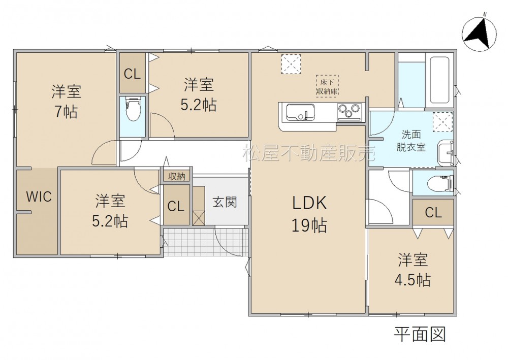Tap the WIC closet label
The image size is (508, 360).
pyautogui.click(x=39, y=197)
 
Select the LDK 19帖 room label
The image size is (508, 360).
pyautogui.click(x=309, y=214)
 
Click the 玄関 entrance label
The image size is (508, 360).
pyautogui.click(x=225, y=202)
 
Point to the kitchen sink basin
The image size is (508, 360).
pyautogui.click(x=300, y=112)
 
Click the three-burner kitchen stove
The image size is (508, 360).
pyautogui.click(x=350, y=112)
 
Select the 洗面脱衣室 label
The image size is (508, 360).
pyautogui.click(x=411, y=141)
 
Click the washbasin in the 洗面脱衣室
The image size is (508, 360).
pyautogui.click(x=446, y=153)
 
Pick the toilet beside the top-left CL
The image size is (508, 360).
pyautogui.click(x=133, y=109)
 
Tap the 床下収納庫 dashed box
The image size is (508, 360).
pyautogui.click(x=327, y=86)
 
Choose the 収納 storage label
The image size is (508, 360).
pyautogui.click(x=177, y=176)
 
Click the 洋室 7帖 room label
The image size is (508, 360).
pyautogui.click(x=66, y=102)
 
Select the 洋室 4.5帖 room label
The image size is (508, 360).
pyautogui.click(x=412, y=270)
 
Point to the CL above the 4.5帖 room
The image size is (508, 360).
pyautogui.click(x=433, y=213)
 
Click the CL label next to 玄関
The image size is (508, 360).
pyautogui.click(x=176, y=206)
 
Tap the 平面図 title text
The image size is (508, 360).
pyautogui.click(x=420, y=334)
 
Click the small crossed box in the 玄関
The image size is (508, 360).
pyautogui.click(x=199, y=217)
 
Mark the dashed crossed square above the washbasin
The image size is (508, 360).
pyautogui.click(x=442, y=122)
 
